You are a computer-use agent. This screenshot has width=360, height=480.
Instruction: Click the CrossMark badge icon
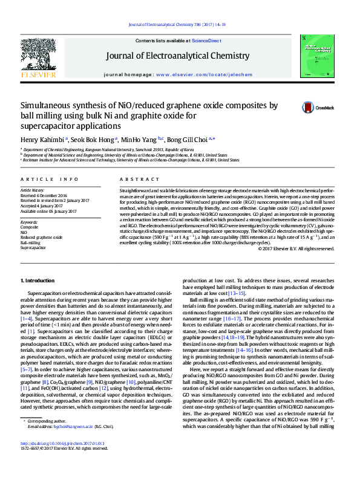[309, 108]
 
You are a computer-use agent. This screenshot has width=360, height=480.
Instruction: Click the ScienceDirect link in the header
[207, 41]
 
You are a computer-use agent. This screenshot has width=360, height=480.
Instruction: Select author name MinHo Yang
[138, 140]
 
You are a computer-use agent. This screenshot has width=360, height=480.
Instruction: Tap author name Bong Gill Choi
[186, 140]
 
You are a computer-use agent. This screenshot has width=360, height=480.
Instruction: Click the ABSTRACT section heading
[135, 180]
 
